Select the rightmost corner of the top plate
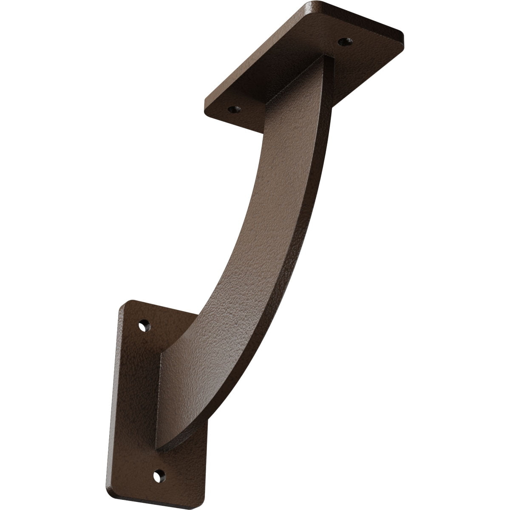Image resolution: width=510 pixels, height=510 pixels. coord(402,34)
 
